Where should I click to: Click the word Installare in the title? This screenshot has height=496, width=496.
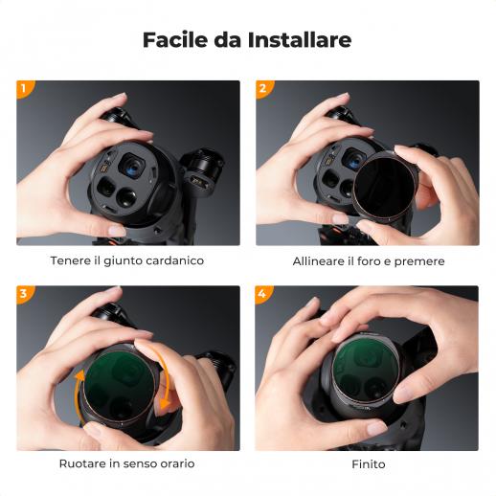pyautogui.click(x=300, y=39)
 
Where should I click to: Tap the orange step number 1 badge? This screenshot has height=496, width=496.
pyautogui.click(x=25, y=89)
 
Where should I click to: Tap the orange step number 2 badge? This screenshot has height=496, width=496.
pyautogui.click(x=264, y=89)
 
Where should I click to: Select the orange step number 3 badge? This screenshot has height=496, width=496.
pyautogui.click(x=25, y=294)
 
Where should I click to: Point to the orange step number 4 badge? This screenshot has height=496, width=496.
pyautogui.click(x=263, y=294)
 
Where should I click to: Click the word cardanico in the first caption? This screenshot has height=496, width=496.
pyautogui.click(x=175, y=260)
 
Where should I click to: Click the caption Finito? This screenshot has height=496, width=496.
pyautogui.click(x=369, y=464)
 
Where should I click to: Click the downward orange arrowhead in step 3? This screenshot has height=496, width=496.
pyautogui.click(x=165, y=403)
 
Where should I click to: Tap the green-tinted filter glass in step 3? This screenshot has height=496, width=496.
pyautogui.click(x=120, y=387)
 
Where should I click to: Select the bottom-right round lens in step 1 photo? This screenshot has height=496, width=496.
pyautogui.click(x=126, y=197)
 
